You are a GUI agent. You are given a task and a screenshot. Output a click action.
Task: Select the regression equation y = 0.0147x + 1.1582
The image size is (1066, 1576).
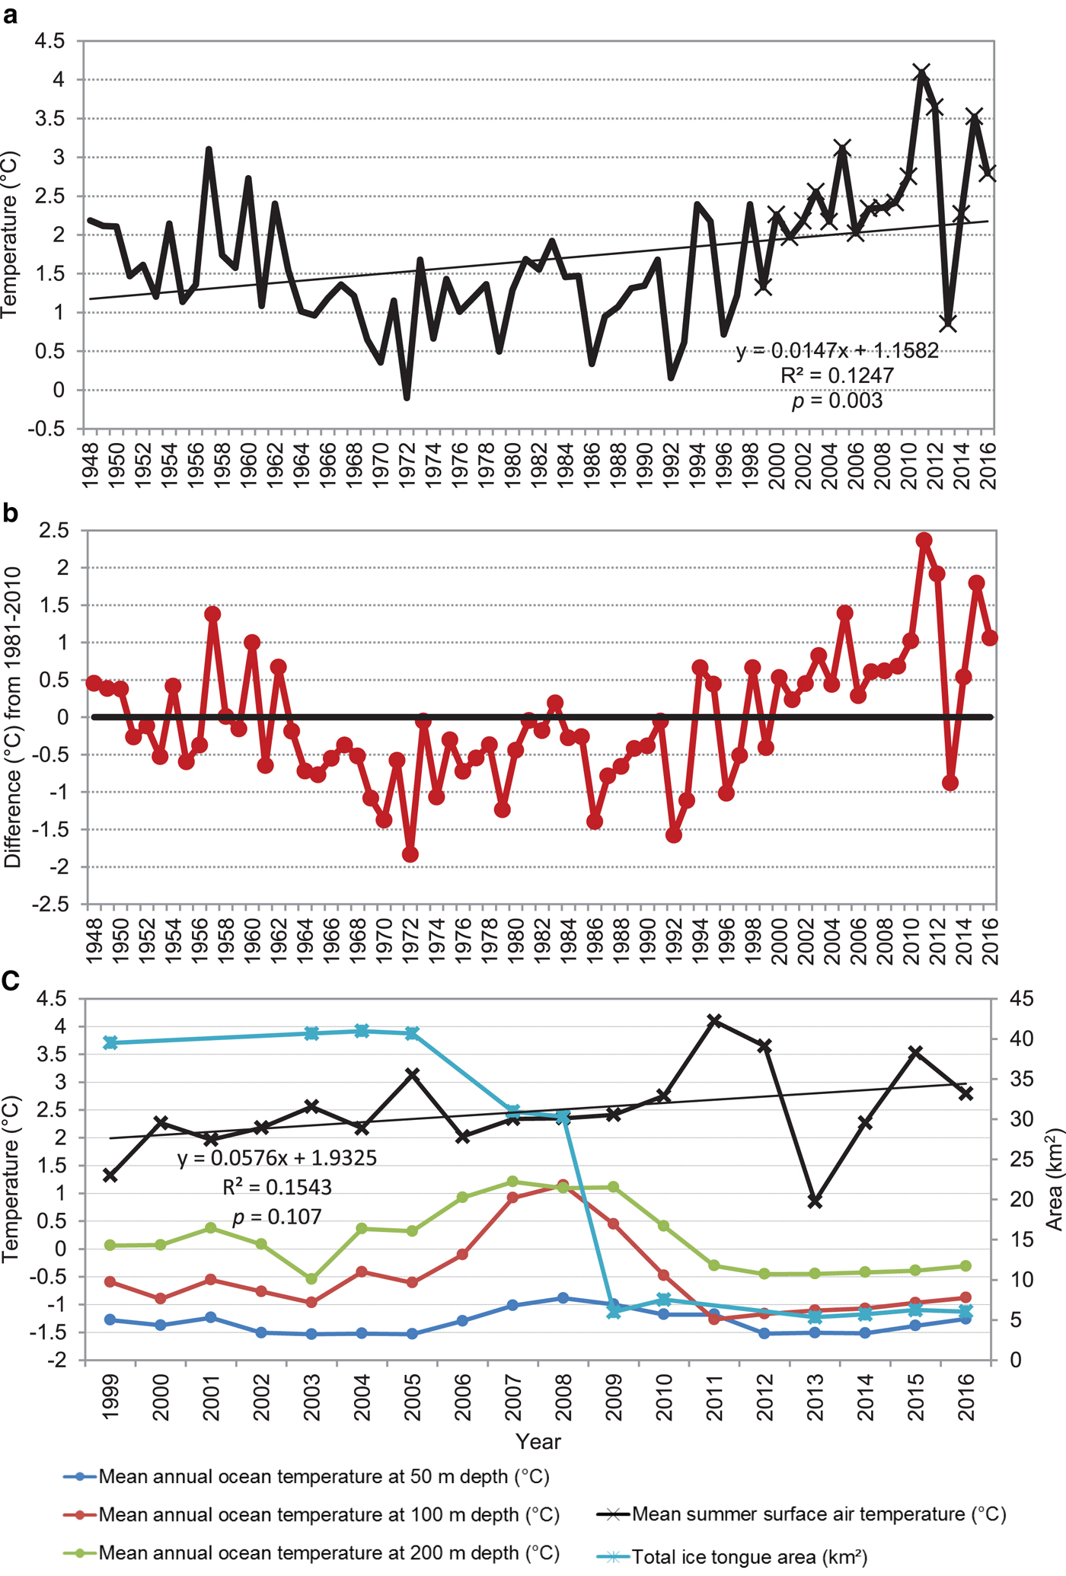(x=837, y=351)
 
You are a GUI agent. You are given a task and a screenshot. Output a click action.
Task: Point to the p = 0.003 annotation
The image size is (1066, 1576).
(x=837, y=400)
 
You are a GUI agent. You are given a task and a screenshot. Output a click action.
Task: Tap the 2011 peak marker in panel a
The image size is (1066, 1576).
(x=922, y=73)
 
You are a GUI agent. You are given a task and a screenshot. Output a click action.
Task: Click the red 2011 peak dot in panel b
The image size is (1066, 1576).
(x=924, y=541)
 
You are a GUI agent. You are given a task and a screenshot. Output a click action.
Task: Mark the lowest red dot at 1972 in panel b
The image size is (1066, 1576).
(x=410, y=855)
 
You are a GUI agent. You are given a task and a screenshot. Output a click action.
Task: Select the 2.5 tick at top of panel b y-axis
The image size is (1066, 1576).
(x=53, y=530)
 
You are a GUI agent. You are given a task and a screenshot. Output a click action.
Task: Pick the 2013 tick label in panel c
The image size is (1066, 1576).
(x=815, y=1397)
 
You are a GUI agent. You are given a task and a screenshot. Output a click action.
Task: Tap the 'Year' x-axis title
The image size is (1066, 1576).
(x=538, y=1441)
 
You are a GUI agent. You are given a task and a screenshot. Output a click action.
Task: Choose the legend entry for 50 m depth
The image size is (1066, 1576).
(x=324, y=1477)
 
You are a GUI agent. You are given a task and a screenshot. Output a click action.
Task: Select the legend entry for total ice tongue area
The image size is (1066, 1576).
(x=749, y=1558)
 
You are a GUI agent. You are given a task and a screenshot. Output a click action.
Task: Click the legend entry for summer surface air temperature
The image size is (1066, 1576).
(x=819, y=1514)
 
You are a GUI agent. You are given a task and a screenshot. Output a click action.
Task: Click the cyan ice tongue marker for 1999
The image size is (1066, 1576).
(x=110, y=1043)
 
